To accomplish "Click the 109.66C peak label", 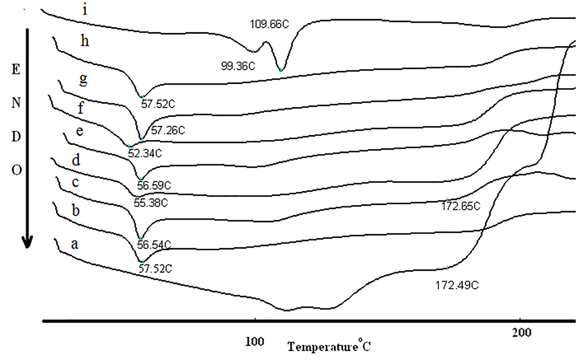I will pyautogui.click(x=269, y=24).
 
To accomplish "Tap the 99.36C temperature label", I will pyautogui.click(x=238, y=66).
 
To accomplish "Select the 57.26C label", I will pyautogui.click(x=168, y=130).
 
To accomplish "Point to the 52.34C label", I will pyautogui.click(x=145, y=154).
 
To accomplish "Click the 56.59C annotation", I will pyautogui.click(x=154, y=185).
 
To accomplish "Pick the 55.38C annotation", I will pyautogui.click(x=151, y=203).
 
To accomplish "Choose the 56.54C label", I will pyautogui.click(x=154, y=244).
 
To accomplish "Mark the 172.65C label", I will pyautogui.click(x=461, y=206).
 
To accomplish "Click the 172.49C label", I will pyautogui.click(x=457, y=285).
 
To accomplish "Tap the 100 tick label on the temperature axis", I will pyautogui.click(x=255, y=341).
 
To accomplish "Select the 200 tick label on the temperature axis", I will pyautogui.click(x=521, y=332).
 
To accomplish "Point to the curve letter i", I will pyautogui.click(x=85, y=10).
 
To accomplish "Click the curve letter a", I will pyautogui.click(x=75, y=244).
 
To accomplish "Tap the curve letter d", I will pyautogui.click(x=76, y=160).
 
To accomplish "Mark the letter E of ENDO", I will pyautogui.click(x=16, y=70).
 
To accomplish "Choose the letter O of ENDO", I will pyautogui.click(x=17, y=170).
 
